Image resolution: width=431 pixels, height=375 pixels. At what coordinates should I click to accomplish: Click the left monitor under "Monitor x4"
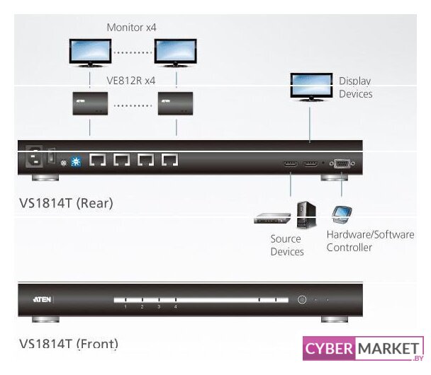[x=90, y=51]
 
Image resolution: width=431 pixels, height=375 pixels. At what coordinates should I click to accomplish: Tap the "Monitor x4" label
[x=131, y=28]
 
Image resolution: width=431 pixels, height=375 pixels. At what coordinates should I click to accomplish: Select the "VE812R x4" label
[x=131, y=81]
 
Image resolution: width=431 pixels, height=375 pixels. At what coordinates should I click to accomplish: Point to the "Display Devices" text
[x=355, y=88]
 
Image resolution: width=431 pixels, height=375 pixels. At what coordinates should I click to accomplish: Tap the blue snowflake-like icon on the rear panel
[x=76, y=161]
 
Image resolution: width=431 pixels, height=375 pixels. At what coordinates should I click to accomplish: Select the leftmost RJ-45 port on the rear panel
[x=98, y=161]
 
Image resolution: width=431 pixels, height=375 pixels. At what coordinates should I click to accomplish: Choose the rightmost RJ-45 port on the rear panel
[x=169, y=161]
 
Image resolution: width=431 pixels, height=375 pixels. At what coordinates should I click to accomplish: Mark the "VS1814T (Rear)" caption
[x=66, y=203]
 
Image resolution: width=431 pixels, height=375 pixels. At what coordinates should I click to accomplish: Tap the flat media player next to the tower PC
[x=273, y=219]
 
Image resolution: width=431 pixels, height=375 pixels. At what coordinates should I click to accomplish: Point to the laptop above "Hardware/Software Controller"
[x=342, y=214]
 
